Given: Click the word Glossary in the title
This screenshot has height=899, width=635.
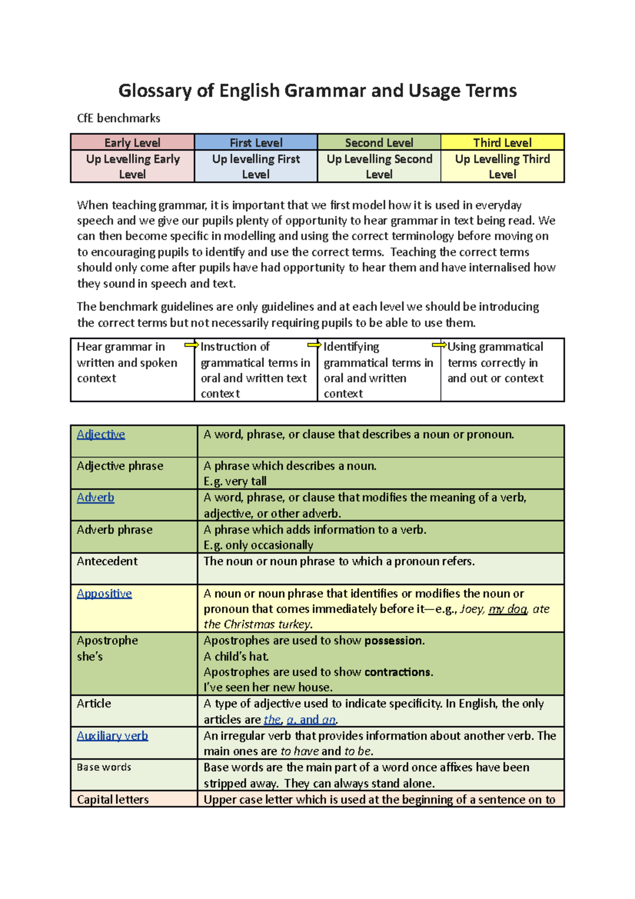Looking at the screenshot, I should click(x=154, y=91).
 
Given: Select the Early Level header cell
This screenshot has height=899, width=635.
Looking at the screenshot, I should click(x=132, y=142).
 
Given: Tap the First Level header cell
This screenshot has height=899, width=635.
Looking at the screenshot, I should click(x=256, y=142).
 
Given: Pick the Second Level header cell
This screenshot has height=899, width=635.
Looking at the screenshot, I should click(x=379, y=142).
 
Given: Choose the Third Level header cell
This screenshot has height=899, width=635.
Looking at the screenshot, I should click(x=502, y=142).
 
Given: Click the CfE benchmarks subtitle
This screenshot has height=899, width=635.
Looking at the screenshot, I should click(x=119, y=118).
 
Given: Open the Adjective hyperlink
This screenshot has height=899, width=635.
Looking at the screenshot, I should click(x=101, y=434).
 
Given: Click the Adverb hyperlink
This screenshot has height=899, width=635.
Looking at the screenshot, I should click(x=95, y=498).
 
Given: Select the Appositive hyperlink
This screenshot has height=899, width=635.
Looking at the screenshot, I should click(x=104, y=594).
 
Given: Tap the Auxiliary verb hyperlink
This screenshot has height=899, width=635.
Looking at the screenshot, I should click(x=112, y=735).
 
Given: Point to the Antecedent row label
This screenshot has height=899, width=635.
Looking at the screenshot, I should click(x=107, y=561).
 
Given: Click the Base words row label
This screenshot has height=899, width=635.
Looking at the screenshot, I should click(x=104, y=767).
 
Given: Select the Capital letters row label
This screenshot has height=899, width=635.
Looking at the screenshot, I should click(x=113, y=799).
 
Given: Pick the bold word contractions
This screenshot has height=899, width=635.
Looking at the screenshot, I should click(x=397, y=672).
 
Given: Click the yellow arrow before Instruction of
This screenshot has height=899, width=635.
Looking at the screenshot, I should click(x=191, y=345).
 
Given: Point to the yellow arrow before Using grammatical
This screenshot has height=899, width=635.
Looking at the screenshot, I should click(x=439, y=345).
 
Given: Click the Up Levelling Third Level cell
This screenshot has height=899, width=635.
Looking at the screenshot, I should click(x=502, y=166).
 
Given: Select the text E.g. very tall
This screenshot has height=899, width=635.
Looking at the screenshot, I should click(x=235, y=481).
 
